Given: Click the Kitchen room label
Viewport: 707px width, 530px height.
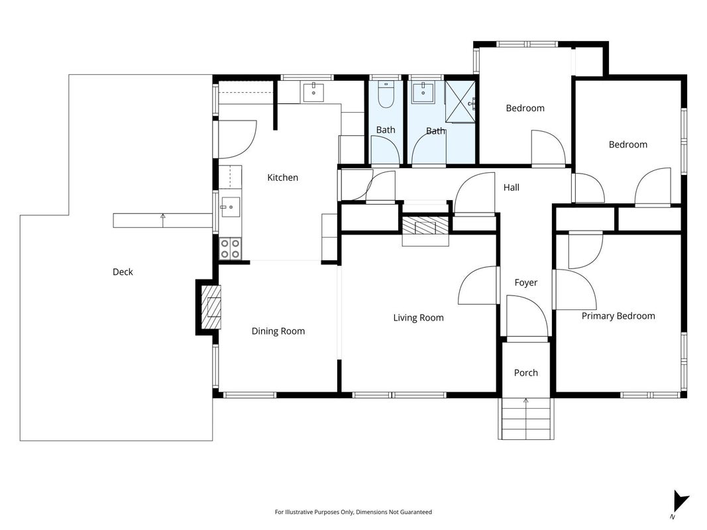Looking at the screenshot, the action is tap(283, 178).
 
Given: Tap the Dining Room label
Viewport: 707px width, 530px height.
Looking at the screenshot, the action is tap(278, 331).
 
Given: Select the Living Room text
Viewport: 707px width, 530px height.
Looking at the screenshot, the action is tap(418, 318).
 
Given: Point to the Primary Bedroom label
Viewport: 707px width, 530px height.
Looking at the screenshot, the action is tap(618, 316).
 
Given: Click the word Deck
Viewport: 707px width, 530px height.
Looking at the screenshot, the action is tap(123, 272).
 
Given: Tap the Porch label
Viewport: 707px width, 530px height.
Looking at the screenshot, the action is tap(525, 373).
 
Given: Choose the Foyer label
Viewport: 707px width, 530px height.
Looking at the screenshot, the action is tap(525, 283).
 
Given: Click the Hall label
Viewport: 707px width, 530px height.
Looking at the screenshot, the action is tap(512, 187).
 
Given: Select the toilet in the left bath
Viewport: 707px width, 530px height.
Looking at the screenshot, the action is tap(386, 95).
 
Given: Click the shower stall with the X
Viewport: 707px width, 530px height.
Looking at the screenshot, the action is tap(461, 101).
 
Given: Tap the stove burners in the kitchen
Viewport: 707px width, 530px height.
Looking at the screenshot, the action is tap(230, 249).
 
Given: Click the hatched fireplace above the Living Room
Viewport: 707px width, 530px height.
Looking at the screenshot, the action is tap(425, 226).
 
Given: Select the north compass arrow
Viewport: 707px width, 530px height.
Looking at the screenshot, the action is tap(680, 501).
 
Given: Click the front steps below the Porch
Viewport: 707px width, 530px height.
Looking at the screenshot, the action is tap(526, 419).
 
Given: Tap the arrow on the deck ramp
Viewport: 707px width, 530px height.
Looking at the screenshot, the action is tap(163, 220).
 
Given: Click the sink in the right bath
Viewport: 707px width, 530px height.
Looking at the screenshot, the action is tap(423, 93).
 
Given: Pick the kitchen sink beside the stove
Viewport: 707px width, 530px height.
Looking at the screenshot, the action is tap(230, 207).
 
